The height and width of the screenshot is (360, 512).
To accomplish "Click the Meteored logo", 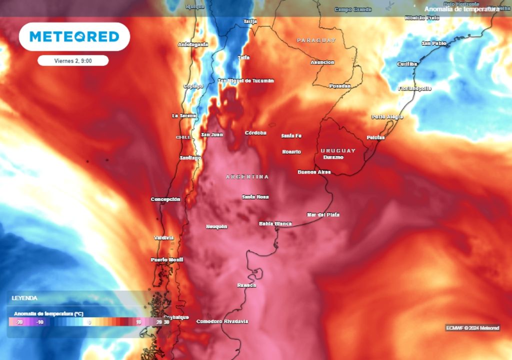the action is click(74, 36).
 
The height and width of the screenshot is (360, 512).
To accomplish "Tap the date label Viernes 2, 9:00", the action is click(73, 60).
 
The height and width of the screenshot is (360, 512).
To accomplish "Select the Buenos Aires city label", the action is click(314, 172).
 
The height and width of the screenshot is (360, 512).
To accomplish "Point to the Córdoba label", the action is click(255, 133).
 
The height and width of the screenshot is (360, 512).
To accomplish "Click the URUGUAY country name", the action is click(338, 150).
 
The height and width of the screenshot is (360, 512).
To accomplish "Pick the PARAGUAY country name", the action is click(316, 40).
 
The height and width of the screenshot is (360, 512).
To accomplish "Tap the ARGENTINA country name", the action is click(247, 177).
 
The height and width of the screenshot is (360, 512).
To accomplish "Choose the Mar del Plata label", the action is click(323, 214).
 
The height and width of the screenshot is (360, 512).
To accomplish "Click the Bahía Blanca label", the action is click(275, 223).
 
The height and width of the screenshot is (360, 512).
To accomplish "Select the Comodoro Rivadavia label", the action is click(222, 321).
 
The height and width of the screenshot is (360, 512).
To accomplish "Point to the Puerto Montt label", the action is click(167, 260).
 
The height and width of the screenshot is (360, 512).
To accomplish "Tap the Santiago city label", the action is click(190, 158).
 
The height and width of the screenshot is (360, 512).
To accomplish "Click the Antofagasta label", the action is click(193, 44).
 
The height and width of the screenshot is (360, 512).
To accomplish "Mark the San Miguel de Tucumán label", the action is click(246, 80).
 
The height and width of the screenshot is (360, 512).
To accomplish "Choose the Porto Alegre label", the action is click(387, 117).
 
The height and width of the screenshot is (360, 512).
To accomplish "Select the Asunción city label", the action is click(322, 62).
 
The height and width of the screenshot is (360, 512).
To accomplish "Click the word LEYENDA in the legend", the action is click(24, 298).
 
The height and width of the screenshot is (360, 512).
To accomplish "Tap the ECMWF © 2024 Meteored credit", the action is click(472, 328).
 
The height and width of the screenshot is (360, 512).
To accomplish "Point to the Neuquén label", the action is click(216, 226).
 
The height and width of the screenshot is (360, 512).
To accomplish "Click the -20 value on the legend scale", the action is click(20, 322).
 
